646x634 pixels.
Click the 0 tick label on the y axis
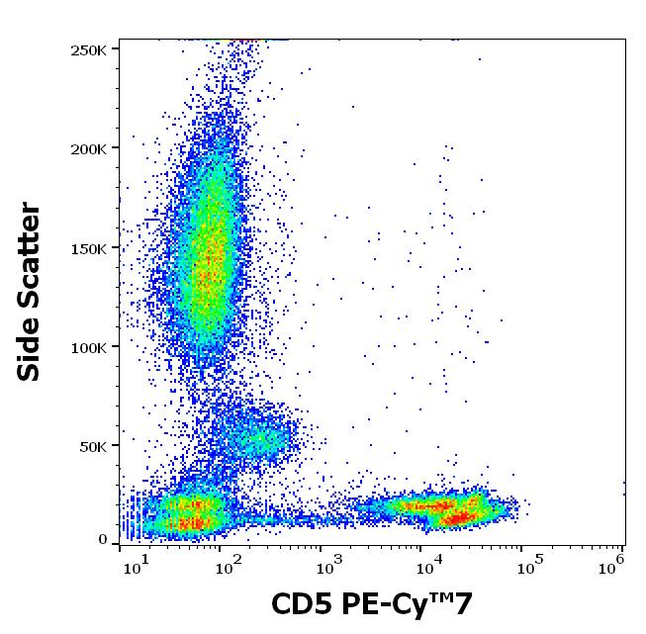click(103, 540)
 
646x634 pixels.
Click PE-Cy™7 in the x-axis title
click(414, 604)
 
